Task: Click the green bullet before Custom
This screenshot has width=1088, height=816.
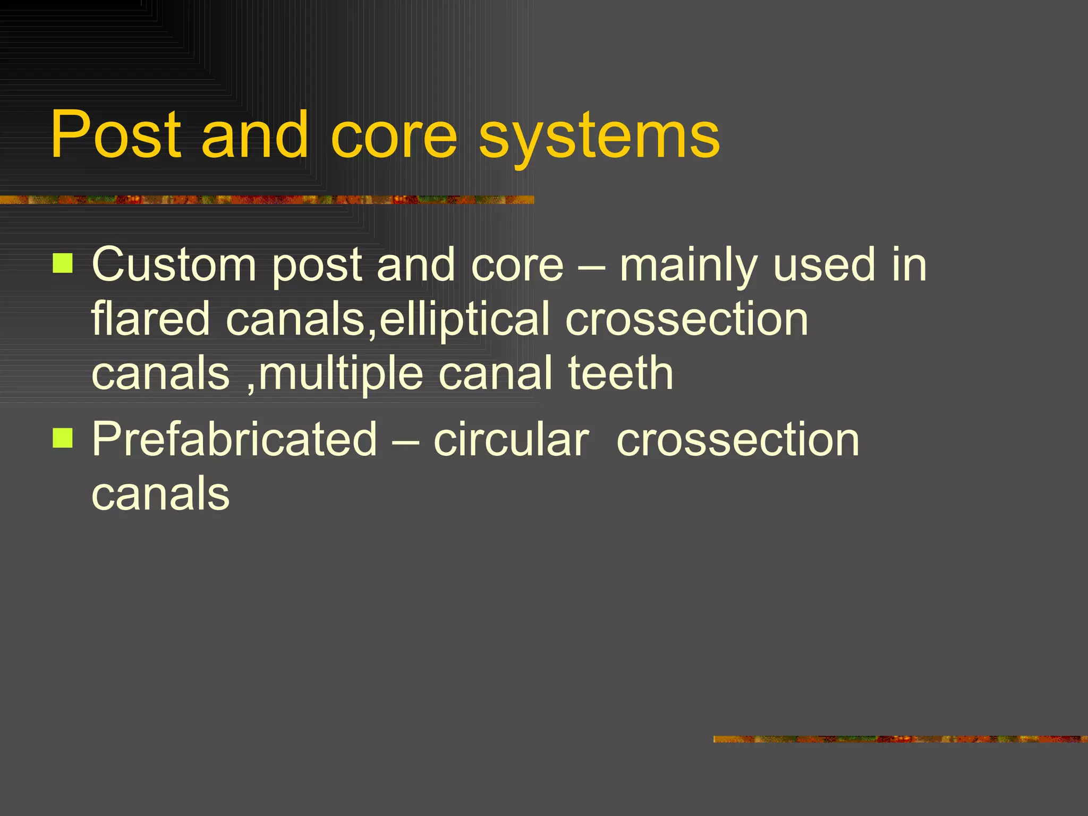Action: click(x=63, y=263)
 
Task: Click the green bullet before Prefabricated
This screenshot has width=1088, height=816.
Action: click(x=63, y=438)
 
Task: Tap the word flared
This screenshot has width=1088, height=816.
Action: click(x=151, y=319)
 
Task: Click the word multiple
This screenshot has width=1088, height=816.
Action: click(x=341, y=375)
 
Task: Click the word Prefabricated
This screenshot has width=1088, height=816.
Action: click(x=234, y=439)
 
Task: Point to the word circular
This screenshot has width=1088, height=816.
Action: click(x=511, y=439)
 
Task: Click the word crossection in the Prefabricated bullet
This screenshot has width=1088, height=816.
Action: click(x=737, y=439)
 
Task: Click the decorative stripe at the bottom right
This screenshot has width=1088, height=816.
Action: click(x=900, y=739)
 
